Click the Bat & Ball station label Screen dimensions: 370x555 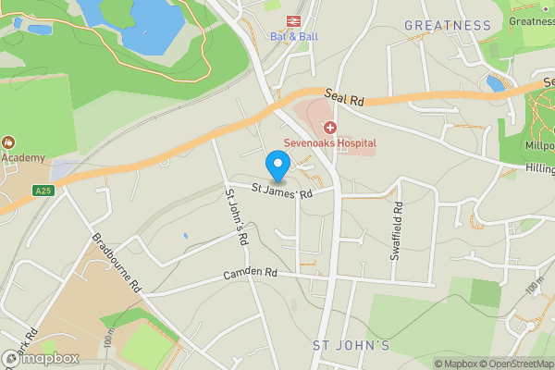click(x=287, y=37)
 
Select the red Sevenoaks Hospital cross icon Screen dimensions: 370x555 click(x=329, y=127)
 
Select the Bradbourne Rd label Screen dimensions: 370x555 click(x=116, y=262)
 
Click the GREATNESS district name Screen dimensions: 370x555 click(x=448, y=25)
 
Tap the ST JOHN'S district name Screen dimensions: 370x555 click(x=351, y=345)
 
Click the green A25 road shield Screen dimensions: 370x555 click(x=41, y=191)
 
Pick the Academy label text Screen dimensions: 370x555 click(x=22, y=157)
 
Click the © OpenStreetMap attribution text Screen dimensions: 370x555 click(x=510, y=364)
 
